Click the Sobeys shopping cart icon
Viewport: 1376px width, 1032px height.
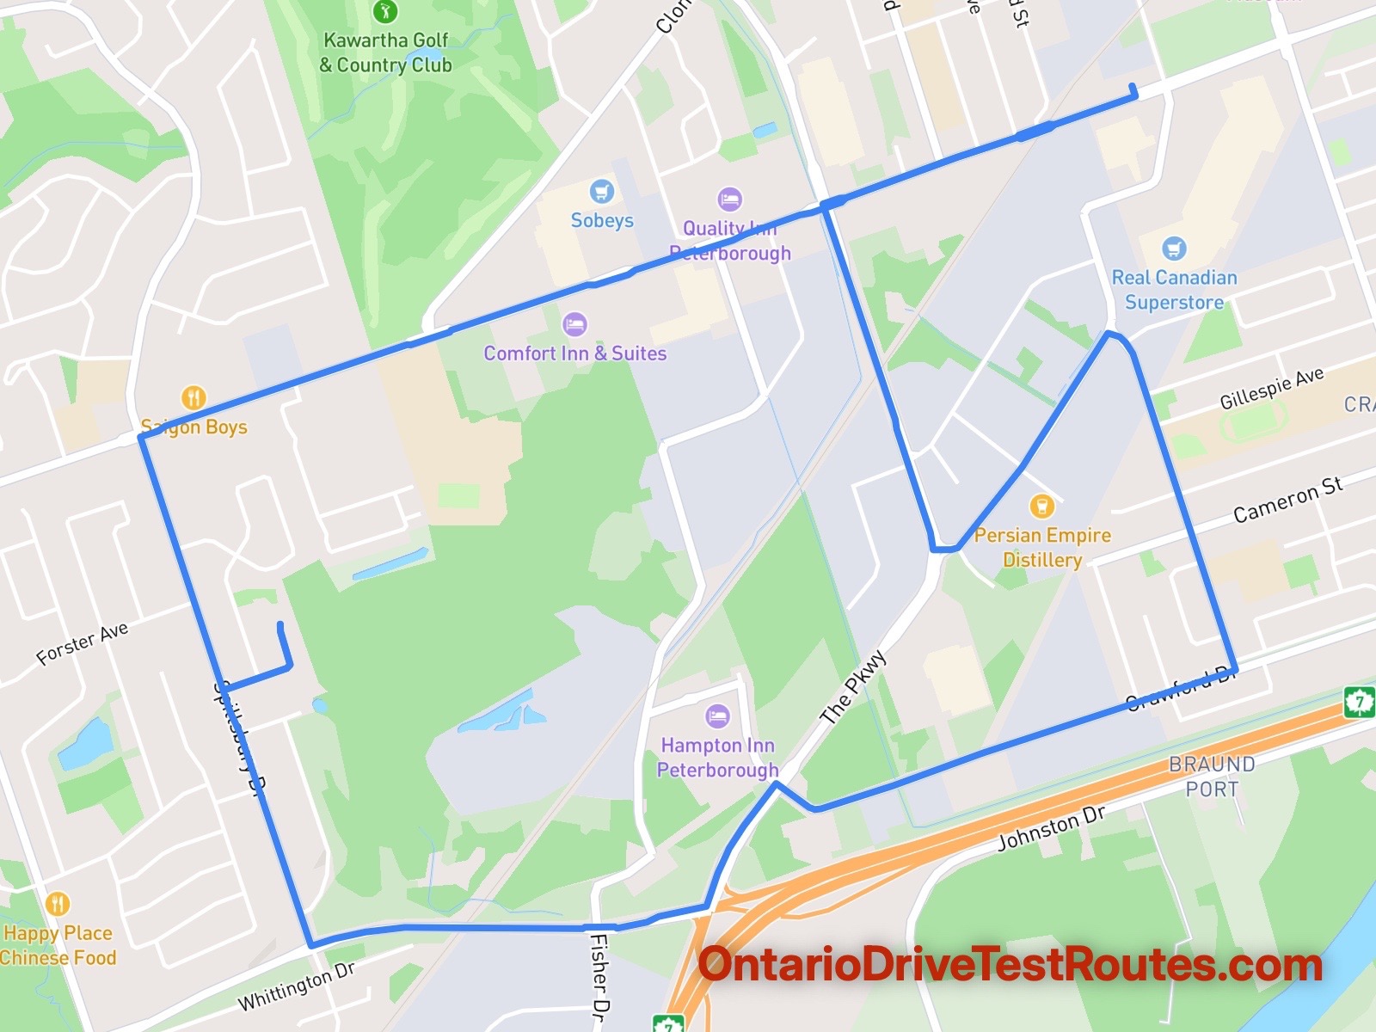click(601, 191)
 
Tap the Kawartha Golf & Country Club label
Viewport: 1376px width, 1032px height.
click(386, 52)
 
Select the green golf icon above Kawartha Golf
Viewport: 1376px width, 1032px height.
click(384, 11)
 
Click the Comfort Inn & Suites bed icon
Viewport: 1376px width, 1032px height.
click(574, 324)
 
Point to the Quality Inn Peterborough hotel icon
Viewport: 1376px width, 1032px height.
click(729, 200)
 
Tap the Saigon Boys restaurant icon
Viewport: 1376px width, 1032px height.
click(193, 397)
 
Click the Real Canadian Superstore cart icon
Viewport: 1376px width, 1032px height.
click(1174, 249)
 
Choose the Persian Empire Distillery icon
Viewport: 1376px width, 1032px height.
click(1042, 505)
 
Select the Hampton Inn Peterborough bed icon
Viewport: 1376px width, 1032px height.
click(717, 716)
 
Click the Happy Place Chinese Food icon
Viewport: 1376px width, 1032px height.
click(58, 904)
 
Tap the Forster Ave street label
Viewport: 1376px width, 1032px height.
click(83, 643)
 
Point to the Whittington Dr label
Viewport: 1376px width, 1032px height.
click(297, 986)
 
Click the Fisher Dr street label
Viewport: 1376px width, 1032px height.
click(599, 976)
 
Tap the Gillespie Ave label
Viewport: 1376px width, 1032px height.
click(1272, 388)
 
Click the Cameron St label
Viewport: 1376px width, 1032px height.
click(1287, 501)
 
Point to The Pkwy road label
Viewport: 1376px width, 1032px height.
click(852, 687)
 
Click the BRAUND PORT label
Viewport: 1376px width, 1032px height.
click(1212, 777)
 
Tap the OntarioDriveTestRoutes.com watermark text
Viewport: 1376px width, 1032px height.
click(1010, 965)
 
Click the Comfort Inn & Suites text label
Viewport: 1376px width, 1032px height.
click(574, 353)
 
